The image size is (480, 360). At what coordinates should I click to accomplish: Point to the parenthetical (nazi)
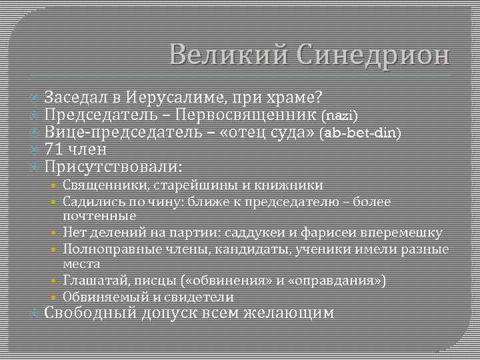click(340, 116)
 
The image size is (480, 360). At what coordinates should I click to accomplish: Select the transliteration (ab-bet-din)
click(361, 133)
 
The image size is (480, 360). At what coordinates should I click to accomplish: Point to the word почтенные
click(99, 216)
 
